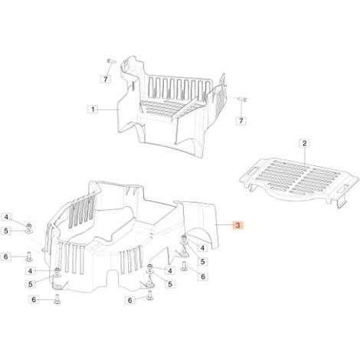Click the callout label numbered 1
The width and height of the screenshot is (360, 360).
tap(93, 110)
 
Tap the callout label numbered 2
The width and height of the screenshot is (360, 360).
tap(304, 143)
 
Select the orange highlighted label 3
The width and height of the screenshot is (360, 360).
tap(238, 225)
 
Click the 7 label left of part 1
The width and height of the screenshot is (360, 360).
tap(106, 79)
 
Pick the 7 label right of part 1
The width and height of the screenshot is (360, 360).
tap(241, 120)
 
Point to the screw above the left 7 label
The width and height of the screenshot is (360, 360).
tap(111, 61)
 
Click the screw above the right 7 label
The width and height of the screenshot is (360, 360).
tap(242, 99)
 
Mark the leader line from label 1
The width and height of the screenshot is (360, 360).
tap(107, 110)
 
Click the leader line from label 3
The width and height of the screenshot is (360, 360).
tap(224, 224)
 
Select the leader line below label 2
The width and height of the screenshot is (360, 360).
tap(305, 155)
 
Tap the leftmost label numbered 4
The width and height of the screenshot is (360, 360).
tap(6, 218)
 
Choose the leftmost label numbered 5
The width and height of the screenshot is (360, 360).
tap(6, 231)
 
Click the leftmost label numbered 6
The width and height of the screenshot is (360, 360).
tap(6, 256)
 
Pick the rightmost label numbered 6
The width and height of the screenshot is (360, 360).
tap(203, 277)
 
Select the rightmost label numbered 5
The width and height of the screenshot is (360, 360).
tap(203, 261)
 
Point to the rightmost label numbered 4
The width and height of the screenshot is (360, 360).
tap(203, 247)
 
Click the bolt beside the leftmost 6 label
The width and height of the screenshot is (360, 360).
tap(28, 256)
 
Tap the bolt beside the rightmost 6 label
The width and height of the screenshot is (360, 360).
tap(185, 266)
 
